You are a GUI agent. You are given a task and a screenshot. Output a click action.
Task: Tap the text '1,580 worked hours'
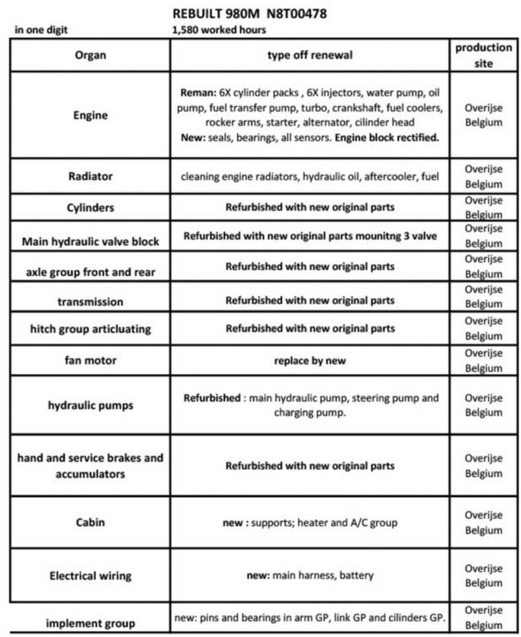[x=218, y=29]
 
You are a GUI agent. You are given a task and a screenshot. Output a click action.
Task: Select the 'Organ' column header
[x=90, y=55]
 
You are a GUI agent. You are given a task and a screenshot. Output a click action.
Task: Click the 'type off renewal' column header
[x=309, y=55]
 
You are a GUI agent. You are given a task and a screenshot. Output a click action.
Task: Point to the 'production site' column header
[x=483, y=55]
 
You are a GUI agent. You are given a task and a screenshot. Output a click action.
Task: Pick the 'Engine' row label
[x=90, y=115]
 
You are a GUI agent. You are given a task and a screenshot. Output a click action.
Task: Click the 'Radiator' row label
[x=90, y=177]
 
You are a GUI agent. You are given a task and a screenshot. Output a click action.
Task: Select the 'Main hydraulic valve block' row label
[x=90, y=241]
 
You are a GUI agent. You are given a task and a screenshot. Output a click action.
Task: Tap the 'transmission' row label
[x=90, y=301]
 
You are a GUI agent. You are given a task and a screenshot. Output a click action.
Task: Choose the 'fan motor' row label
[x=90, y=360]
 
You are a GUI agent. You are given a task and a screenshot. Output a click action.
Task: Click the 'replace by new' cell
[x=309, y=361]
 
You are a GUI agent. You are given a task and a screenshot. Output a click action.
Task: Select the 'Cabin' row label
[x=90, y=522]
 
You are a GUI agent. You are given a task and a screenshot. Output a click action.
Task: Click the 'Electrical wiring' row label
[x=90, y=575]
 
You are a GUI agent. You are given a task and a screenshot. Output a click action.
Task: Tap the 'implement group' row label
[x=90, y=622]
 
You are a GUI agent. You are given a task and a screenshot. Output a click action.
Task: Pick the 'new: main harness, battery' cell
[x=309, y=575]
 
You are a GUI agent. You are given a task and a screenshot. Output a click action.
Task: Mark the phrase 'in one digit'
[x=40, y=29]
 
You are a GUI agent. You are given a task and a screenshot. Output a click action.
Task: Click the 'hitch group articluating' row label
[x=90, y=328]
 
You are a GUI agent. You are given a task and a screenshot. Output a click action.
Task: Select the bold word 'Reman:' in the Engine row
[x=197, y=93]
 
